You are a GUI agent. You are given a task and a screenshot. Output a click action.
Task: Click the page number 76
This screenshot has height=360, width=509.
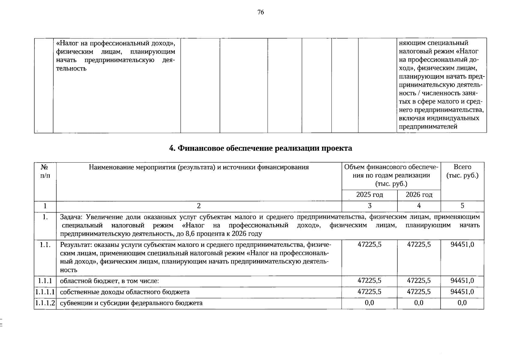tap(260, 12)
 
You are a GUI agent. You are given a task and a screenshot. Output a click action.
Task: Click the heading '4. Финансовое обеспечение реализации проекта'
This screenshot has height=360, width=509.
tap(260, 148)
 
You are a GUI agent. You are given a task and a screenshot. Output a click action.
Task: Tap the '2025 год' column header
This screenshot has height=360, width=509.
tap(370, 195)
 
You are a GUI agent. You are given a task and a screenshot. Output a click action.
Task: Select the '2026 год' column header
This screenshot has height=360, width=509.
tap(419, 195)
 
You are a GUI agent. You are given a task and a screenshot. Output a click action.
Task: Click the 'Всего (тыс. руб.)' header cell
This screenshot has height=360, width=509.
tap(462, 171)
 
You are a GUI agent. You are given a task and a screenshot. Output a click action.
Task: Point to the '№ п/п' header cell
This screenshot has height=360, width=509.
tap(45, 171)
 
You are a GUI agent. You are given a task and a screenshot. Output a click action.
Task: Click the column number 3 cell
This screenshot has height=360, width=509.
tap(370, 206)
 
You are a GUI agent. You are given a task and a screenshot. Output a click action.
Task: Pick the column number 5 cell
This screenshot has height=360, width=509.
tap(462, 206)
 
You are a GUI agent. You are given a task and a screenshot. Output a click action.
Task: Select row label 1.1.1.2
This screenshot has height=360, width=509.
tap(45, 303)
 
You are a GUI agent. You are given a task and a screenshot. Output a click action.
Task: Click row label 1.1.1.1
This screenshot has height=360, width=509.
tap(45, 292)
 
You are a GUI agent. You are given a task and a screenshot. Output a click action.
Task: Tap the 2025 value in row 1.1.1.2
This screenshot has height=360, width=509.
tap(370, 303)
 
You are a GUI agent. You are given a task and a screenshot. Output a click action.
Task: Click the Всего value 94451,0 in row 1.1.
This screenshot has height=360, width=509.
tap(462, 244)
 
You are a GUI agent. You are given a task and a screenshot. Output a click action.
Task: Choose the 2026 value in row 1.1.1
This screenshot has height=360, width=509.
tap(419, 281)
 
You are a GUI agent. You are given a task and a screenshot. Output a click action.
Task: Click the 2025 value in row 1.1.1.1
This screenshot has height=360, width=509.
tap(370, 292)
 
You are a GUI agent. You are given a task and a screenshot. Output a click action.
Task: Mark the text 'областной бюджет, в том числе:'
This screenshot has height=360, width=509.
tap(109, 281)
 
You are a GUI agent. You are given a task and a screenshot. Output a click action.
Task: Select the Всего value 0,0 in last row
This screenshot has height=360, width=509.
tap(462, 303)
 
